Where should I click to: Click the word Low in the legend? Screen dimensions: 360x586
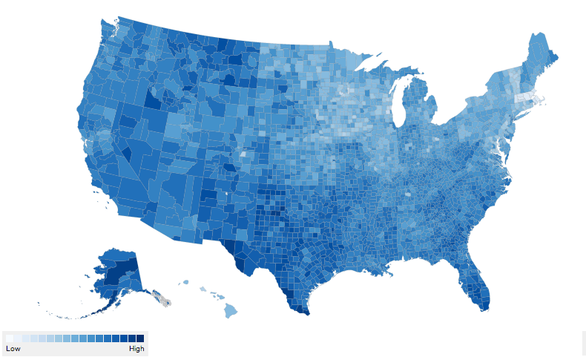pos(13,348)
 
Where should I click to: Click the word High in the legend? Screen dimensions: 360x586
pos(136,348)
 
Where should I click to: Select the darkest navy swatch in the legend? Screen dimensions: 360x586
pos(140,338)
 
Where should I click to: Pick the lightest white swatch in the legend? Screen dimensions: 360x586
pos(10,338)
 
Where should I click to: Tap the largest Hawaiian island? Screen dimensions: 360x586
pos(231,310)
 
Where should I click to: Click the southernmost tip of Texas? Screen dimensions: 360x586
pos(304,312)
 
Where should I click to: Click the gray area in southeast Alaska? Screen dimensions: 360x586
pos(165,299)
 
